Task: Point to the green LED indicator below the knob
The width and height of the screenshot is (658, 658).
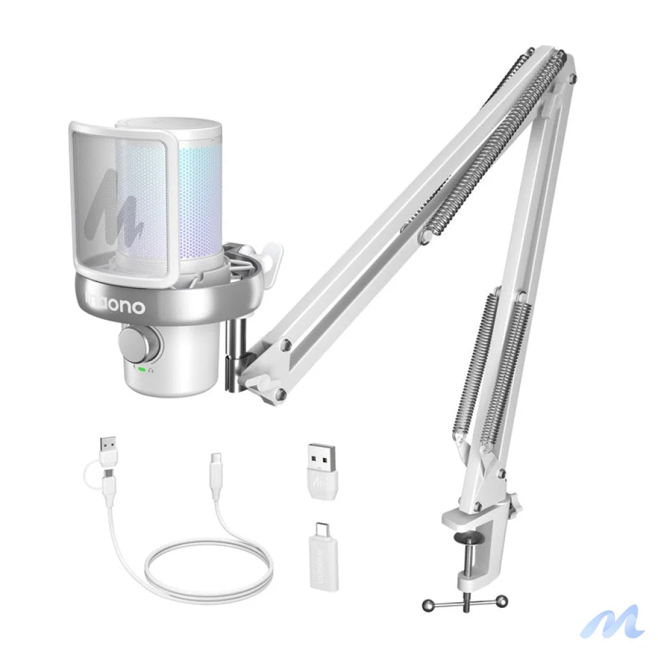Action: point(141,369)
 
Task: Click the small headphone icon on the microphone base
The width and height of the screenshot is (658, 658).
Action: point(151,369)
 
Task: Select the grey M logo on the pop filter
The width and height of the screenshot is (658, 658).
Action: point(115,205)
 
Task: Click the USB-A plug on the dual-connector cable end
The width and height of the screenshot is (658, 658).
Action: point(108,447)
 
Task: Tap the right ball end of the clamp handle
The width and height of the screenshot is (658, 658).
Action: point(501,601)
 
